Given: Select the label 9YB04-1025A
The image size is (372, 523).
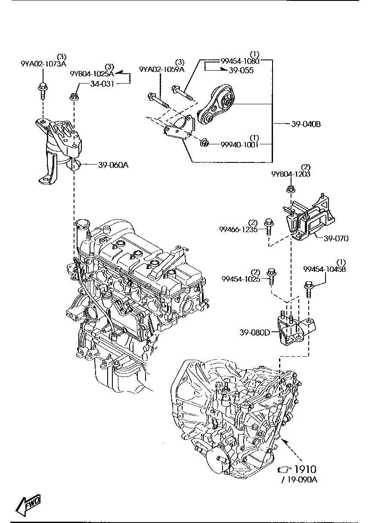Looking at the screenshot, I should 92,74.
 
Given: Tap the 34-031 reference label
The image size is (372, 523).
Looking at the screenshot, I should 102,84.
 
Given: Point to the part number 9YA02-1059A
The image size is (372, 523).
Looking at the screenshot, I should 161,69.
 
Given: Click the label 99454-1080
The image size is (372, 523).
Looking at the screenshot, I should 240,61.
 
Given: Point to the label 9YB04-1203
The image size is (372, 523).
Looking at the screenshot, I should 291,174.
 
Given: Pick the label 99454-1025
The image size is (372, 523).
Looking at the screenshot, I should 241,279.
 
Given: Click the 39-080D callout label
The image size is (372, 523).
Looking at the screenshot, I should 255,332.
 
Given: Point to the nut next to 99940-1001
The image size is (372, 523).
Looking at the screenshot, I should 205,142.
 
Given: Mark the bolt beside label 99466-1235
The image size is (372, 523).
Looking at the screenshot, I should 267,226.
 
